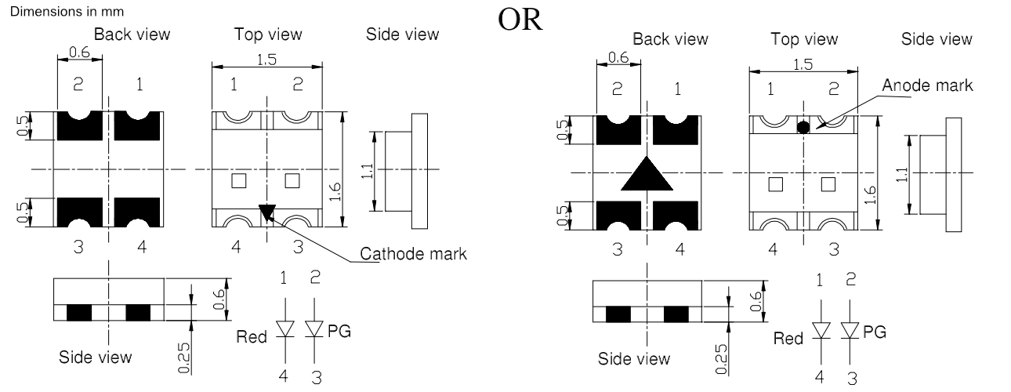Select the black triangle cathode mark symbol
point(267,212)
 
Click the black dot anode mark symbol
point(803,127)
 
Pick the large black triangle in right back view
point(647,175)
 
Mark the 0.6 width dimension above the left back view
point(80,53)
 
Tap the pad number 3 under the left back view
point(78,248)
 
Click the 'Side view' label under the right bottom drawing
point(634,359)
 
